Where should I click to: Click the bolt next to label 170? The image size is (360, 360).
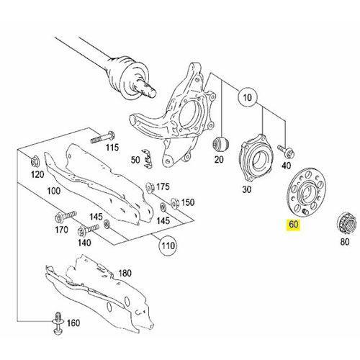point(61,217)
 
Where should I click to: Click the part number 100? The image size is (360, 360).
point(51,193)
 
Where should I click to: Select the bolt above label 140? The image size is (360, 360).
point(75,230)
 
